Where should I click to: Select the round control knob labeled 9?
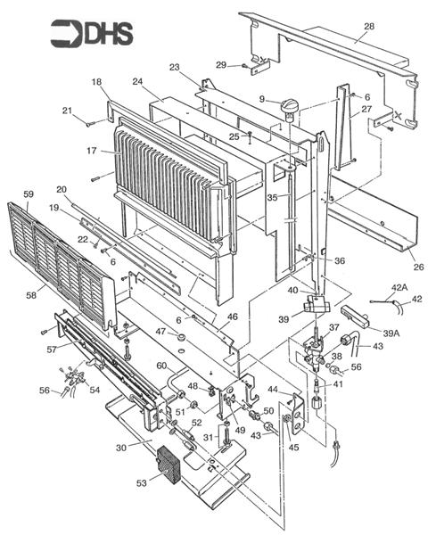click(x=287, y=109)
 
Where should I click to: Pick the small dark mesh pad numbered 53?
click(x=168, y=465)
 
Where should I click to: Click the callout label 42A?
click(x=399, y=288)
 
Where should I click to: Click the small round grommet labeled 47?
click(x=182, y=339)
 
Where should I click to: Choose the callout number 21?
click(x=67, y=110)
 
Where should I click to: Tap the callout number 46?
click(x=232, y=317)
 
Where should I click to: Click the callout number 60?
click(x=160, y=366)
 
